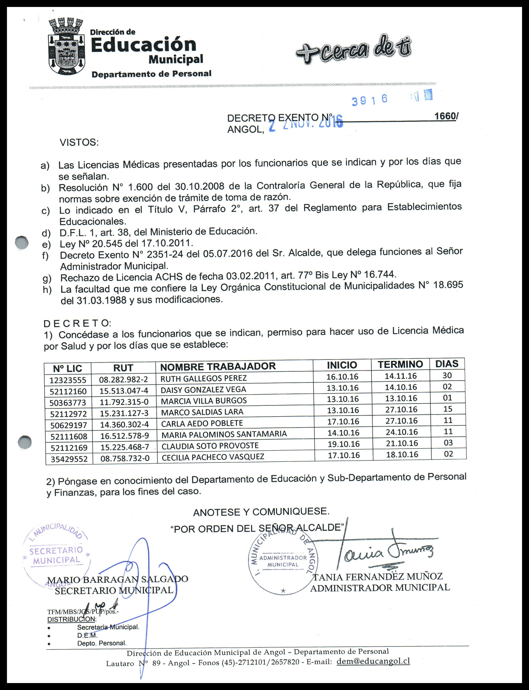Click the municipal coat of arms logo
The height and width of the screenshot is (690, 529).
coord(66,47)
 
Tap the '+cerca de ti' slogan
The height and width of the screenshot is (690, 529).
coord(353,49)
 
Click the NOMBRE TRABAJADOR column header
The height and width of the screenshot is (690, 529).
coord(218,366)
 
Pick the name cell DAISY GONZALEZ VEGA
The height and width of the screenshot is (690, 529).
coord(204,390)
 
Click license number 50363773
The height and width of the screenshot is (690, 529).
coord(68,402)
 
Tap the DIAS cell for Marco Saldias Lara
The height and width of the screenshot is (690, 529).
coord(447,409)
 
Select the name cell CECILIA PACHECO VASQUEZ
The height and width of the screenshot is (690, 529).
coord(213,457)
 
